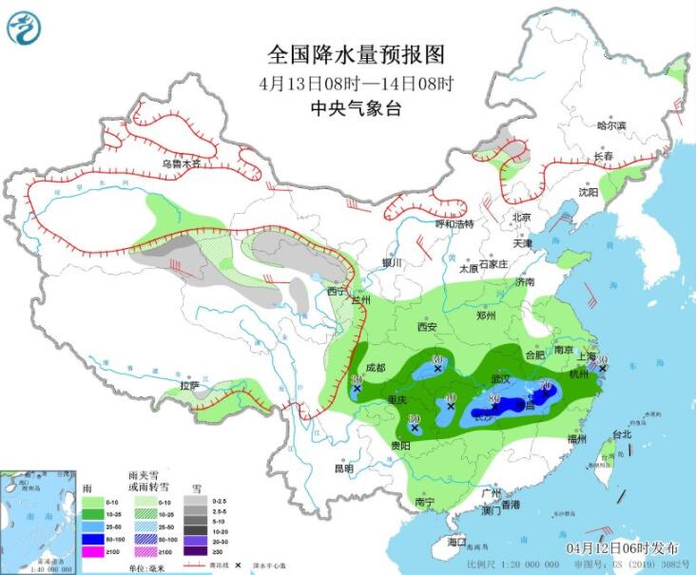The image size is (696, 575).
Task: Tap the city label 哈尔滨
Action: [x=611, y=125]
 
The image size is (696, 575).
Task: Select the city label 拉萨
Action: [x=191, y=385]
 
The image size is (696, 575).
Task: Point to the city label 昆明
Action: [x=342, y=469]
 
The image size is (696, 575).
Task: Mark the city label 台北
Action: [x=622, y=434]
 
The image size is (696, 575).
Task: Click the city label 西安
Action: [x=426, y=327]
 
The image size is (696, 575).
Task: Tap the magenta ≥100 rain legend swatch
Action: [x=93, y=552]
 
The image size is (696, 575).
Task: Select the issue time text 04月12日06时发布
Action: [x=623, y=548]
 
